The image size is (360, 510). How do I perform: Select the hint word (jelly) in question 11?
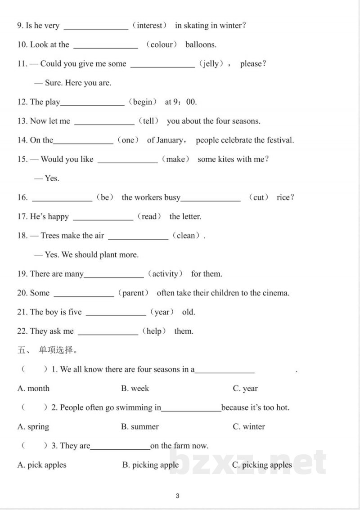tap(211, 64)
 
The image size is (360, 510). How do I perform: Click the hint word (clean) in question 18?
tap(186, 236)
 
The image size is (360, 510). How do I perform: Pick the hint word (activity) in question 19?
tap(165, 274)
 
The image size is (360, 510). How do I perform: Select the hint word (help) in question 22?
tap(154, 331)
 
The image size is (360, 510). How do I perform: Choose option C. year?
tap(245, 389)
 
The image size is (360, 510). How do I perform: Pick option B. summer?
tap(140, 427)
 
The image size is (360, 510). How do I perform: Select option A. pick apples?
tap(42, 465)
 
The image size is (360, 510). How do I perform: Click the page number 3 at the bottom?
tap(178, 496)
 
